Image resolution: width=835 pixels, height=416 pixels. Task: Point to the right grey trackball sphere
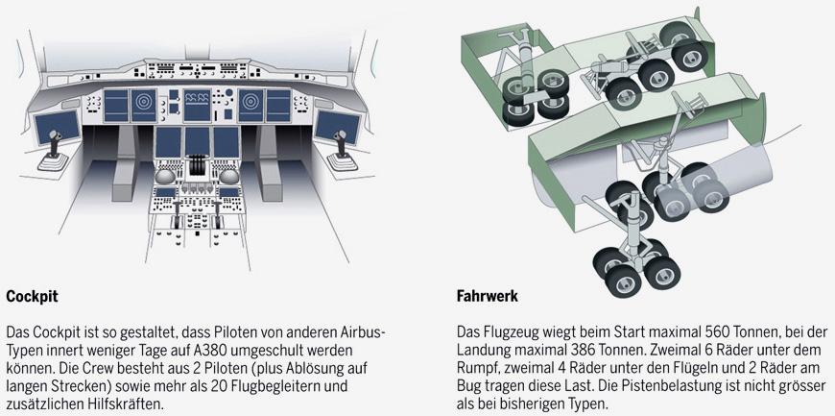[x=229, y=177]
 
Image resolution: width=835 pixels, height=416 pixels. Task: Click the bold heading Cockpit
[x=32, y=297]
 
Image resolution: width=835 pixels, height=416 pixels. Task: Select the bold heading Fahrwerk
[x=487, y=297]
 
